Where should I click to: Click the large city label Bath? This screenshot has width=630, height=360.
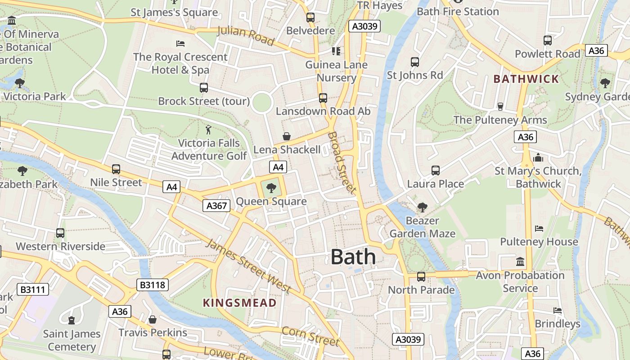coord(353,257)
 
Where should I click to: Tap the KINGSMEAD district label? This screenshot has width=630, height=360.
coord(239,302)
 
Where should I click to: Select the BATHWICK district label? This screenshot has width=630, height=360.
coord(526,79)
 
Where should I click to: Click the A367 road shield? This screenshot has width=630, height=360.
coord(216,206)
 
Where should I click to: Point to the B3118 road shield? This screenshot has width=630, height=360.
coord(153,284)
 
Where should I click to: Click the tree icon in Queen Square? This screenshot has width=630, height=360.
coord(271,188)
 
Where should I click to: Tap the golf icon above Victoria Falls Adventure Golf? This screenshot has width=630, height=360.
coord(208,130)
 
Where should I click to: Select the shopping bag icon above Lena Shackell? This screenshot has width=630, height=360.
coord(286,136)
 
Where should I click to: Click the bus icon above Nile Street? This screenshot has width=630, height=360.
coord(116,169)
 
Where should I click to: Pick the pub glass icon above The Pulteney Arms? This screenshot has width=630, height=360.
coord(500,107)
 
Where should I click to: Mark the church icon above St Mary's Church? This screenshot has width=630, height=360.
coord(538,158)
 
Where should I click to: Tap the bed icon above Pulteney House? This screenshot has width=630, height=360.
coord(539,229)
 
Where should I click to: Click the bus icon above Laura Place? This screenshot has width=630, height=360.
coord(435,171)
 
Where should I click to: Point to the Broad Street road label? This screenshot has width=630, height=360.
coord(342,162)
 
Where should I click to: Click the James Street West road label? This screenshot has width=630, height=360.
coord(248,266)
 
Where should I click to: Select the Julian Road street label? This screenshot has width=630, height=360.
coord(246,36)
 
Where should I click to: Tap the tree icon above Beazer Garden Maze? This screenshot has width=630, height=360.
coord(422,207)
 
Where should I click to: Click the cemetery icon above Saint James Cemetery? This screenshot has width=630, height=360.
coord(71,320)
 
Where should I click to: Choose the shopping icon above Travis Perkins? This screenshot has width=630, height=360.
coord(153,319)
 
